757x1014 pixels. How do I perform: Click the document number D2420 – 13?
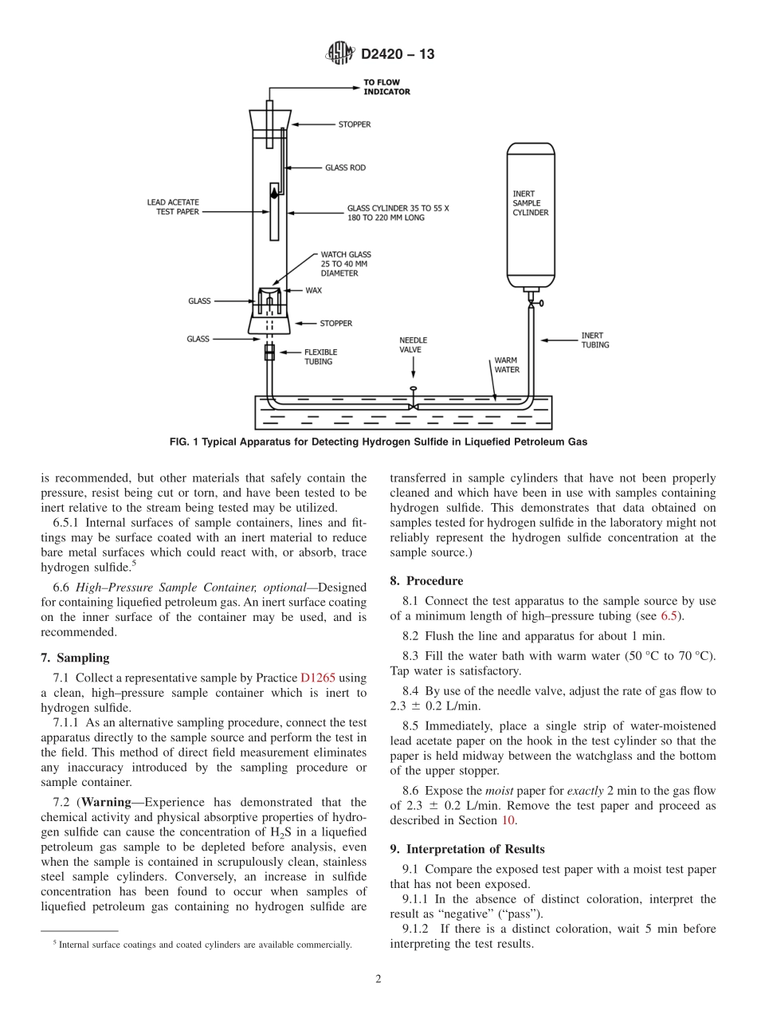click(398, 55)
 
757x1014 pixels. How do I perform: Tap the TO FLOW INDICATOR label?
click(386, 87)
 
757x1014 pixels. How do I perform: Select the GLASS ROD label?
click(345, 168)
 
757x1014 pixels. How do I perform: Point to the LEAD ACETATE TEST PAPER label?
click(173, 207)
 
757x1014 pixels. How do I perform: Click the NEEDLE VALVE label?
click(410, 345)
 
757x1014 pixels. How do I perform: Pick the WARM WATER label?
click(507, 365)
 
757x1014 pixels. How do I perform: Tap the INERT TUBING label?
click(595, 340)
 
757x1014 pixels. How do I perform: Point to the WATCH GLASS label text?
click(345, 264)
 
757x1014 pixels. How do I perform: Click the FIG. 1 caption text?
click(378, 441)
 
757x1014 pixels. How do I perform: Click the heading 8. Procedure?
click(426, 581)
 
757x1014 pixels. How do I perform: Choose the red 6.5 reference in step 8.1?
click(669, 616)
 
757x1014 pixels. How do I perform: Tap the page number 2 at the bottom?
click(378, 979)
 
